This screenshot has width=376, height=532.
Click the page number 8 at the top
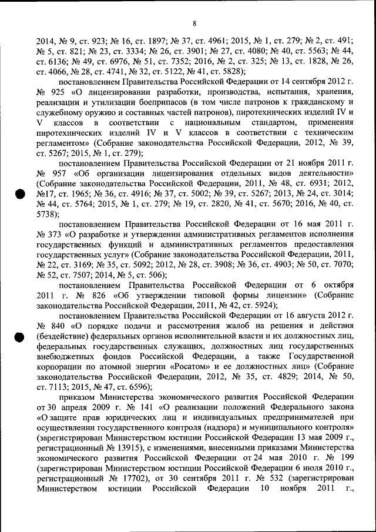[193, 24]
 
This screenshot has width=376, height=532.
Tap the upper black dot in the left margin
[19, 195]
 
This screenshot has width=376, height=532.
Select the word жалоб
[230, 325]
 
